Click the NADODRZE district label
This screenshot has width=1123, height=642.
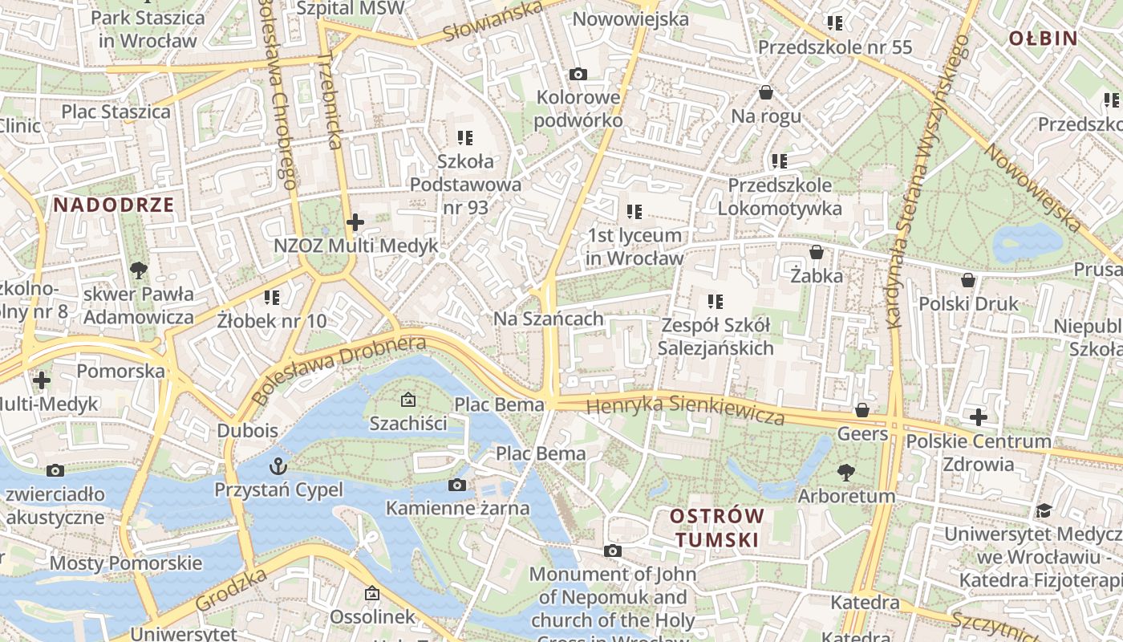pos(113,205)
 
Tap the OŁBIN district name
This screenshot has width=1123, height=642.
pos(1042,38)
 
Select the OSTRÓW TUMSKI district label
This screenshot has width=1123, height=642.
pos(717,527)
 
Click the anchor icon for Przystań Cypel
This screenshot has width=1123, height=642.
pos(278,465)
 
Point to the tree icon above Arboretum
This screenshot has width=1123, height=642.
pos(846,472)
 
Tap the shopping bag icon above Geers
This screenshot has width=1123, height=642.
pos(862,410)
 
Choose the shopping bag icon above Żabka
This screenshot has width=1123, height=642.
pos(817,252)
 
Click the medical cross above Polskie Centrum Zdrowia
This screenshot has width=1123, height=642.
pos(978,417)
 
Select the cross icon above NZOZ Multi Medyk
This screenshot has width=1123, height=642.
pos(355,221)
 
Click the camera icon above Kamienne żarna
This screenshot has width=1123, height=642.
pos(457,485)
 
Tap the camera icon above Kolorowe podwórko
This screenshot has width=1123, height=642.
pos(578,75)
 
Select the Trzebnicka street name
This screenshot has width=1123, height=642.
pos(330,101)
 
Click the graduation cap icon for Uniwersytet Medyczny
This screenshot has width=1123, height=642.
pos(1043,510)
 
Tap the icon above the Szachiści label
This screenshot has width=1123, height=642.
pos(407,399)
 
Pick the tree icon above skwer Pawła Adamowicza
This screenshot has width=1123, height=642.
pos(139,270)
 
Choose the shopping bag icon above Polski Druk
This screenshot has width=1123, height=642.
pos(968,280)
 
